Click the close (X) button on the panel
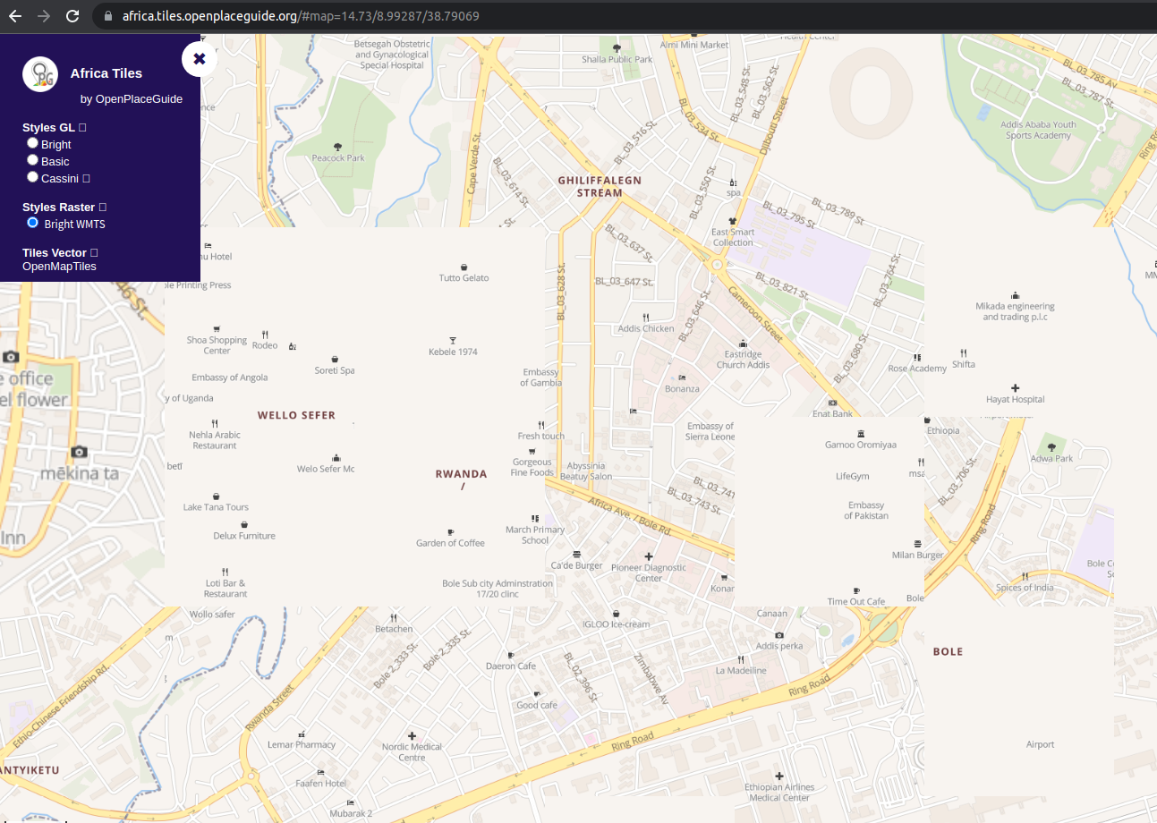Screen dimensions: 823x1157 click(x=200, y=59)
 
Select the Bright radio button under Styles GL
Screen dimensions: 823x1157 click(x=33, y=143)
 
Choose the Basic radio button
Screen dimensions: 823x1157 click(x=33, y=160)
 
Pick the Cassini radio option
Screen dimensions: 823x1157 click(x=33, y=177)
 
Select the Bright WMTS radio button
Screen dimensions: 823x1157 click(x=33, y=223)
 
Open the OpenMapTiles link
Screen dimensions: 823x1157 click(x=59, y=267)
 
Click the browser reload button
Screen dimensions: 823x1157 click(x=73, y=16)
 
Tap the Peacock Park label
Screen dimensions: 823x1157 click(x=338, y=158)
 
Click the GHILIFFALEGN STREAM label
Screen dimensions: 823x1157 click(x=600, y=186)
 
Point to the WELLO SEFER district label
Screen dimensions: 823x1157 click(x=296, y=415)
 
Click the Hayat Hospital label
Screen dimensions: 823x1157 click(x=1015, y=399)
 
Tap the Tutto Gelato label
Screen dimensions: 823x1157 click(x=464, y=277)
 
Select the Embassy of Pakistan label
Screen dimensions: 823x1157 click(x=866, y=510)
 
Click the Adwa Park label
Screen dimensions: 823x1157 click(x=1051, y=458)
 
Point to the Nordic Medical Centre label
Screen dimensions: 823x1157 click(x=412, y=751)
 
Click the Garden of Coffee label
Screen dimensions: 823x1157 click(x=450, y=543)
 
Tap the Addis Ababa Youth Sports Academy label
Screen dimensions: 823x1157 click(x=1038, y=130)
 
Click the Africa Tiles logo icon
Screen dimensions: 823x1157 click(x=40, y=74)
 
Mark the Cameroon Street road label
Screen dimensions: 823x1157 click(x=755, y=314)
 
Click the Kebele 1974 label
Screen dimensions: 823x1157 click(x=453, y=352)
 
